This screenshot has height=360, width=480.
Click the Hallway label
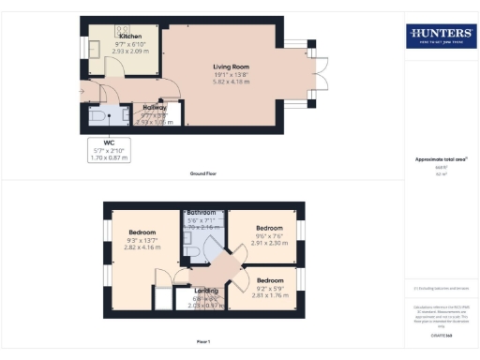click(148, 108)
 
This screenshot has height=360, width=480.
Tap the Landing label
click(206, 291)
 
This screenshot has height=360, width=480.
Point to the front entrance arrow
click(82, 92)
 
